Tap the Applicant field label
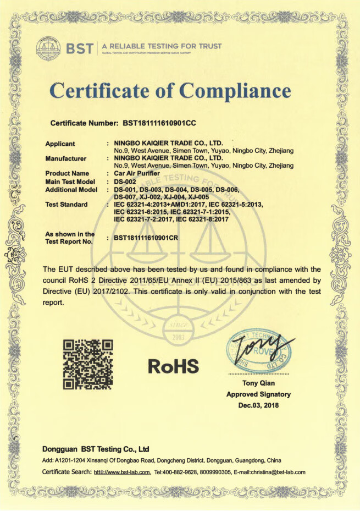60,144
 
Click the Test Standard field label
66,205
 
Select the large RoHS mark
173,364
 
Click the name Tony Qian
258,383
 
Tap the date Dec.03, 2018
258,405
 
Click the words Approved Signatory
258,394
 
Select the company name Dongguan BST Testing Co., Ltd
96,449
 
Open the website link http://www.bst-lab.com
122,472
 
